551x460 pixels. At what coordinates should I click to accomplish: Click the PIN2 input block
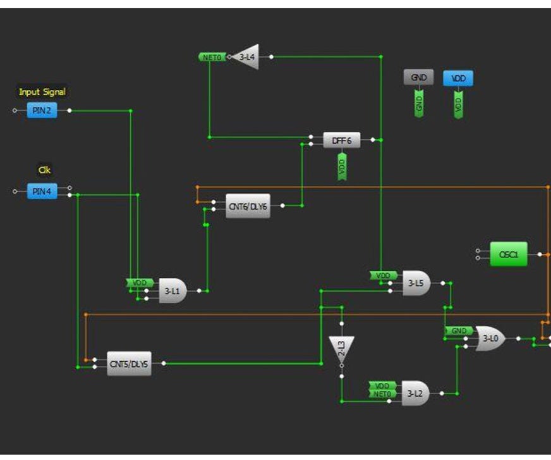click(x=42, y=111)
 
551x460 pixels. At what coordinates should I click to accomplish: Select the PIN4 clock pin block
click(x=42, y=192)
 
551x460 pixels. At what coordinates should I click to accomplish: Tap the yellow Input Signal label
click(x=42, y=92)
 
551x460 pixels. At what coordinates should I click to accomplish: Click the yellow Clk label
click(x=44, y=170)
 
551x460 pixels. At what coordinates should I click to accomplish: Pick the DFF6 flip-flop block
click(x=341, y=141)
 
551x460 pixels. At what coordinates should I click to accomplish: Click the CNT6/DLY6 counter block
click(x=248, y=206)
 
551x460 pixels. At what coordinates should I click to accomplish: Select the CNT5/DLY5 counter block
click(x=129, y=364)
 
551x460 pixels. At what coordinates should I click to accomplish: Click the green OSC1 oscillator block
click(x=508, y=254)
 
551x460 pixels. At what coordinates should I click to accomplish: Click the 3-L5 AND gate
click(x=416, y=283)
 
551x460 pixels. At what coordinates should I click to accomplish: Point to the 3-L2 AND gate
click(x=415, y=394)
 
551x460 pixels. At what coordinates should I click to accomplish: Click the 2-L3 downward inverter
click(x=341, y=349)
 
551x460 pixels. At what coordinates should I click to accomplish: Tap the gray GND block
click(x=418, y=77)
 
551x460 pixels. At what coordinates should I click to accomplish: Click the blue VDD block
click(x=458, y=78)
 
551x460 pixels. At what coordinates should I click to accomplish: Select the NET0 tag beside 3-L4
click(x=211, y=57)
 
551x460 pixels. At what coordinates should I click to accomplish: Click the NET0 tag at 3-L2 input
click(x=382, y=394)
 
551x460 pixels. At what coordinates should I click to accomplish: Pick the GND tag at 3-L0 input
click(x=458, y=331)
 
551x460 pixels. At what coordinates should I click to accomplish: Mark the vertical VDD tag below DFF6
click(x=342, y=166)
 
